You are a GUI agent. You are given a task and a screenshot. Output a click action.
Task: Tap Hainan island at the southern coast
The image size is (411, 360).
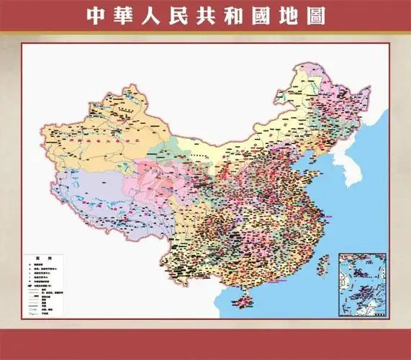(x=246, y=298)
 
